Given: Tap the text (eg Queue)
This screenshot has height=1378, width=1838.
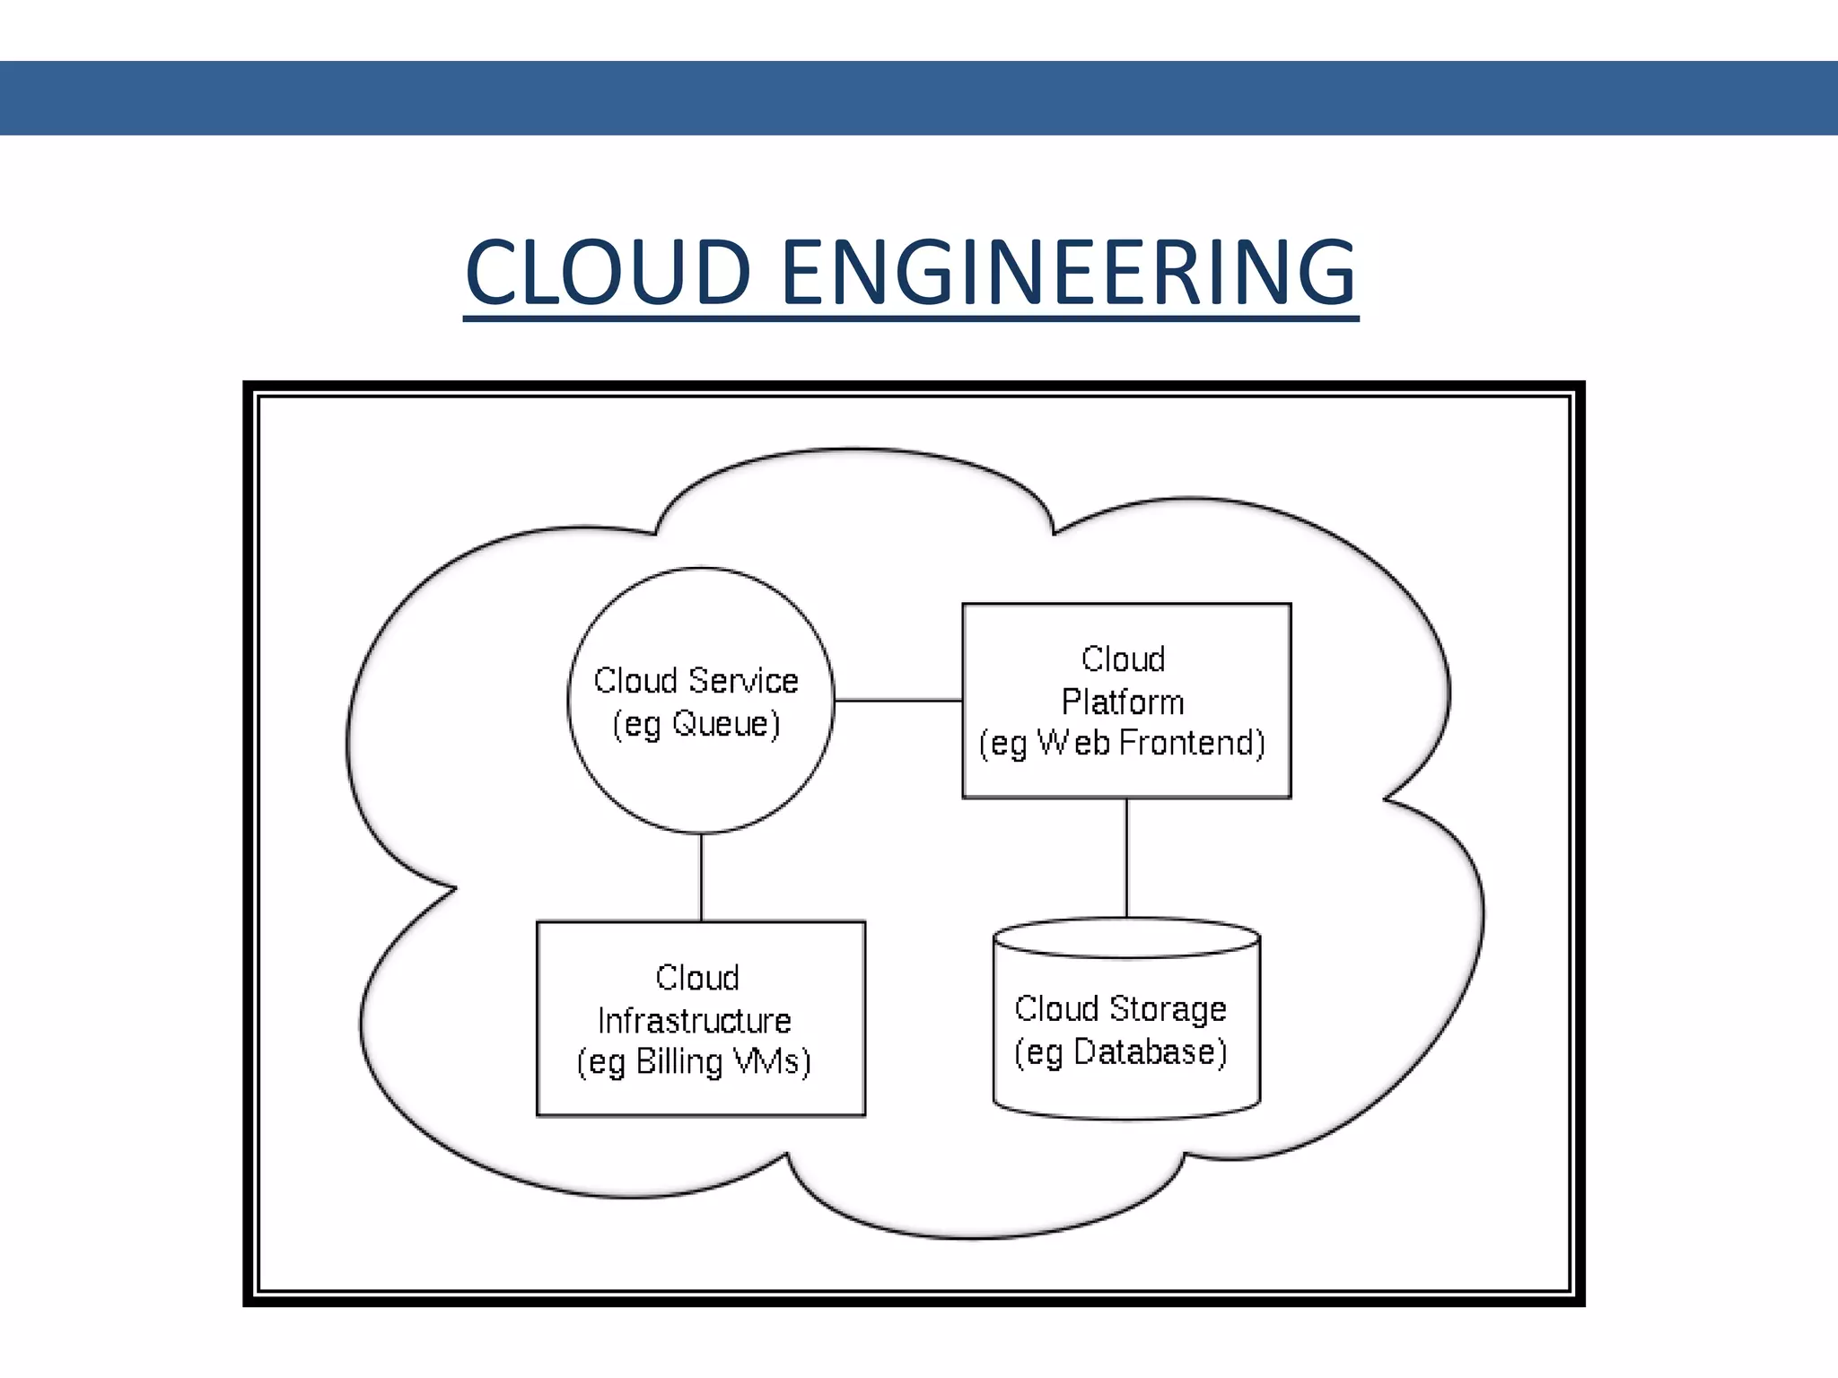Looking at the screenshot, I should point(696,724).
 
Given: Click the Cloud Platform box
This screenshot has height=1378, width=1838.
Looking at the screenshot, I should point(1126,628).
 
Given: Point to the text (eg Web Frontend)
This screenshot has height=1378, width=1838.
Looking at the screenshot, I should point(1122,744).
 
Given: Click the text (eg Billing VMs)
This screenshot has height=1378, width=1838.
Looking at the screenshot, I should point(694,1062).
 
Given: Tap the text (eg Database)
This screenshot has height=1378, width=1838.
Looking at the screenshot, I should point(1120,1052).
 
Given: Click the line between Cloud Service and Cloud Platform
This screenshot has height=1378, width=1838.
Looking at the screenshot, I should point(897,700).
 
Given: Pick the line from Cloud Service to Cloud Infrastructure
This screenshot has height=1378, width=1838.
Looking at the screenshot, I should point(701,877).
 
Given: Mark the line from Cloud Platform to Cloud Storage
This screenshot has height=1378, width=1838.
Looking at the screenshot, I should point(1126,858).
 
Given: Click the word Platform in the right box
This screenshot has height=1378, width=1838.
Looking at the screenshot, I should point(1123,702).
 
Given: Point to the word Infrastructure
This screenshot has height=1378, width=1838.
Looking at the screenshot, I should point(694,1021).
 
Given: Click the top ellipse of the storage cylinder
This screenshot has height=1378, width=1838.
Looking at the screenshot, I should point(1126,938).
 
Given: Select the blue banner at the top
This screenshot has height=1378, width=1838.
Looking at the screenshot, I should point(919,98).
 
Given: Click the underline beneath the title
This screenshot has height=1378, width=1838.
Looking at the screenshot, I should point(911,317).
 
